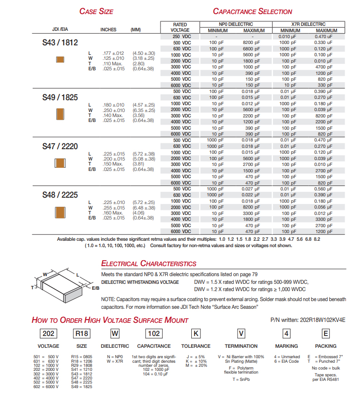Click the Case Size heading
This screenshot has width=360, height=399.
(96, 11)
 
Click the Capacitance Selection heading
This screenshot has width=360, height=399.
(253, 11)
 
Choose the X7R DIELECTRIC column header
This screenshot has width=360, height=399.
(308, 24)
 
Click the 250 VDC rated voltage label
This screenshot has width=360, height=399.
(182, 36)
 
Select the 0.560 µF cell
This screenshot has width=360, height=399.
(323, 189)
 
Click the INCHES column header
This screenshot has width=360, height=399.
(108, 30)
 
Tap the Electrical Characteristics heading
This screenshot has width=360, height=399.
(149, 263)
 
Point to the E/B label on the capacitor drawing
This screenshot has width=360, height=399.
(96, 288)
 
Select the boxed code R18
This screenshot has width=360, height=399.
(82, 334)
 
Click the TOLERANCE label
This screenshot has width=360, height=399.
(196, 346)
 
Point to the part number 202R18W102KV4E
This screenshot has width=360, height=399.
(322, 320)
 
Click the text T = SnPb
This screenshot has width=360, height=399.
(241, 380)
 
